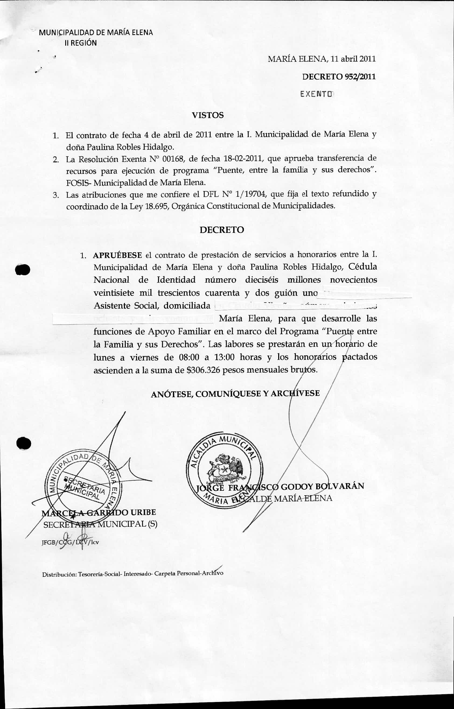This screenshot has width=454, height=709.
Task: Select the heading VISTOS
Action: pos(208,115)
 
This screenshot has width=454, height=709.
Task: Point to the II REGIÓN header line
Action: pos(81,43)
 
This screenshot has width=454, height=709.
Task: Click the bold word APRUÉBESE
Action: pos(118,255)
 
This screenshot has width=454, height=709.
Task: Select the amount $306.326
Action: pos(203,370)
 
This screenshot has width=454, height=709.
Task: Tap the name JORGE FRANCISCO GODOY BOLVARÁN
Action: pos(280,486)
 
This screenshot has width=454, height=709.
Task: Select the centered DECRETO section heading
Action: pos(222,230)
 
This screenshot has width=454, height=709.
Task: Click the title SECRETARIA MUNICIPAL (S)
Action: pos(100,524)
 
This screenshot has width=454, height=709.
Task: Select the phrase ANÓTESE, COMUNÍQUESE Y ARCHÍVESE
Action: pos(235,394)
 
